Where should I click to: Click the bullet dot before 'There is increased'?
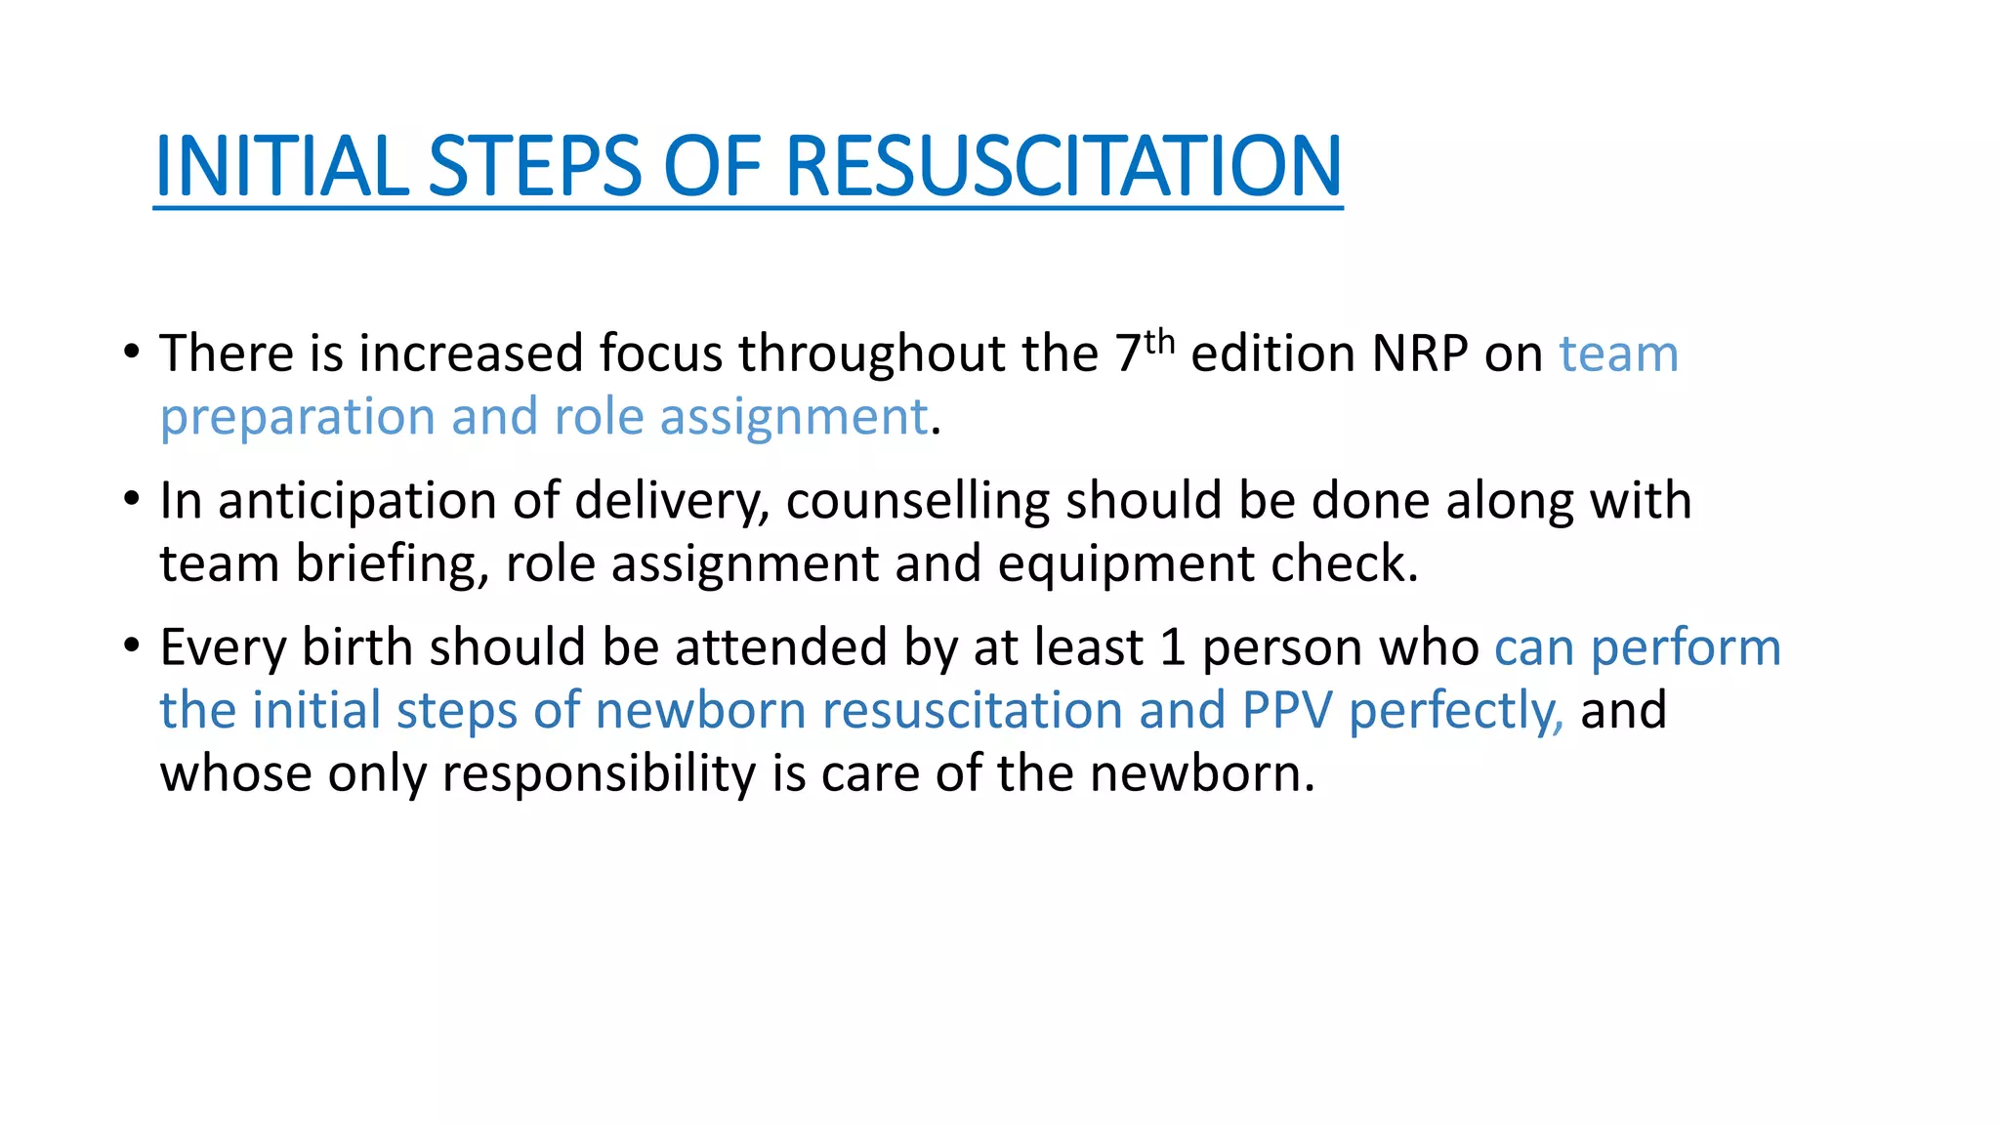pyautogui.click(x=132, y=351)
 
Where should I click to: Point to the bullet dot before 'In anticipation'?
pyautogui.click(x=132, y=498)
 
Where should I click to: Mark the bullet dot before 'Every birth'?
pyautogui.click(x=132, y=645)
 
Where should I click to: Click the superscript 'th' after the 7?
pyautogui.click(x=1159, y=342)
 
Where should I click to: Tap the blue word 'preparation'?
pyautogui.click(x=297, y=418)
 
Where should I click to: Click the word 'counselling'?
pyautogui.click(x=917, y=501)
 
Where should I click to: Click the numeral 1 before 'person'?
pyautogui.click(x=1173, y=647)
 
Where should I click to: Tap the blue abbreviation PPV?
pyautogui.click(x=1287, y=711)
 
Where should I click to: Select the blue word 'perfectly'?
pyautogui.click(x=1455, y=711)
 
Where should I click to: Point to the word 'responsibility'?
pyautogui.click(x=599, y=774)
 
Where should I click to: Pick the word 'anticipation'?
pyautogui.click(x=357, y=501)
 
